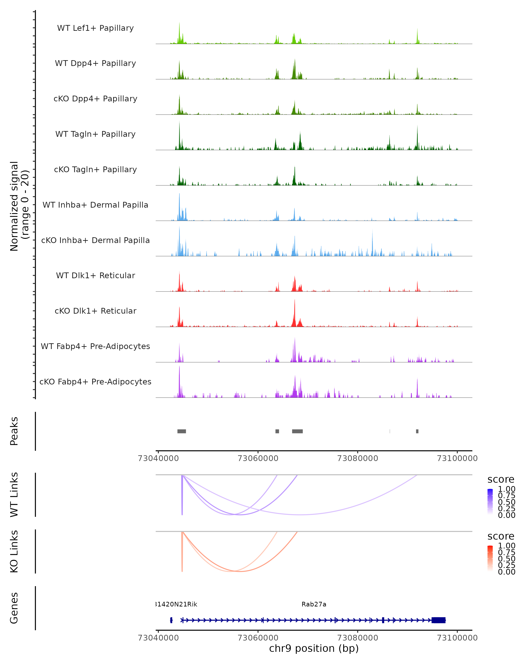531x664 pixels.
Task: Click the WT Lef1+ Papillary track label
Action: tap(95, 28)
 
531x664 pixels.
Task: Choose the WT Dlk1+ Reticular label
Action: tap(95, 275)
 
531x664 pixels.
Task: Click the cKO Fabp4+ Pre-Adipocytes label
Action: tap(95, 382)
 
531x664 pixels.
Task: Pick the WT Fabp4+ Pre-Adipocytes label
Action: tap(95, 346)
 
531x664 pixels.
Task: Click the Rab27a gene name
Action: tap(314, 604)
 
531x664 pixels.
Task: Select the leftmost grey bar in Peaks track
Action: tap(182, 431)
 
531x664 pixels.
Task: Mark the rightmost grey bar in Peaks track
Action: tap(417, 431)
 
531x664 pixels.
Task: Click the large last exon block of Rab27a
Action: tap(438, 620)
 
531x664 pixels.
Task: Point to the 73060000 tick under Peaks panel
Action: tap(258, 458)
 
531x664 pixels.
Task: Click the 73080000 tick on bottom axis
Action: tap(358, 637)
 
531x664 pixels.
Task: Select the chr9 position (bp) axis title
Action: tap(314, 649)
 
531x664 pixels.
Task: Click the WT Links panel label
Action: tap(14, 495)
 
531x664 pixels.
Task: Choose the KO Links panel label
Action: tap(14, 551)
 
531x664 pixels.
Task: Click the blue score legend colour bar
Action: tap(490, 501)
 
